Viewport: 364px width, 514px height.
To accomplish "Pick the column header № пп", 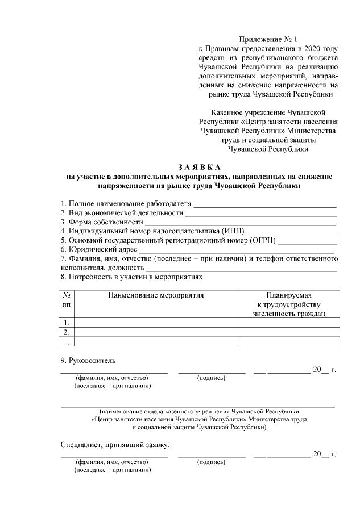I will click(67, 300).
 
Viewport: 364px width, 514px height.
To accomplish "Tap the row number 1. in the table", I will click(67, 323).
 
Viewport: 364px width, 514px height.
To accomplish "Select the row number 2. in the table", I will click(67, 332).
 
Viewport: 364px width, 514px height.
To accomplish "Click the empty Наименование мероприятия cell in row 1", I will click(156, 323).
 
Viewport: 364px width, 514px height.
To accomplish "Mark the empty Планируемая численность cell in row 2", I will click(289, 332).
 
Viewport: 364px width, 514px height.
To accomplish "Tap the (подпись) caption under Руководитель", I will click(211, 378).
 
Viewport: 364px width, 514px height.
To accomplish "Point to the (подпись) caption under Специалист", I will click(211, 462).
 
